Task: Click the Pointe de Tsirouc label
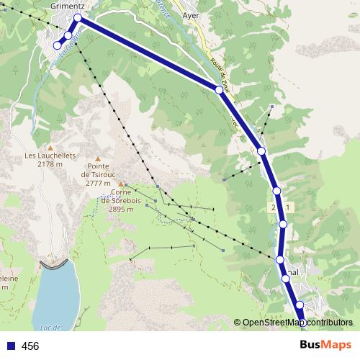click(x=99, y=174)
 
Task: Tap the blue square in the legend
click(x=10, y=346)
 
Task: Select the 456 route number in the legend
click(x=30, y=346)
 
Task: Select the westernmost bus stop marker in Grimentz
click(x=58, y=46)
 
